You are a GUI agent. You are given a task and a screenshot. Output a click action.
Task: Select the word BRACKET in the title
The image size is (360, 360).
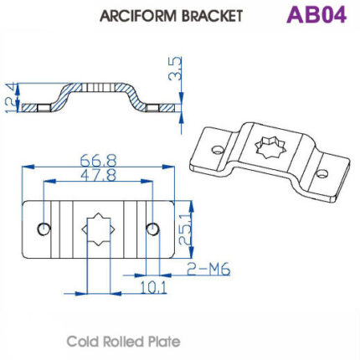tap(210, 15)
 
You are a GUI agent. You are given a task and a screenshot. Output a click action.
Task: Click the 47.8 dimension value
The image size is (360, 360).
tap(98, 177)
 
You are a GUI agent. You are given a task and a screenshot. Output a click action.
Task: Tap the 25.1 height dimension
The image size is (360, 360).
tap(188, 229)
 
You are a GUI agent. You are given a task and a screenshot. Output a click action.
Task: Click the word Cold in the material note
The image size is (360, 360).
tap(84, 342)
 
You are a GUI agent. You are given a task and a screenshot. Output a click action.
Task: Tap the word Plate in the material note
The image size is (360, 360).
tap(163, 342)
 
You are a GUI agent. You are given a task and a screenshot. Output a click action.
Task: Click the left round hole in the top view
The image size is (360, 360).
tap(44, 229)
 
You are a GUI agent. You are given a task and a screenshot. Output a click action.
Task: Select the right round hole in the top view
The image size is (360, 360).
tap(151, 229)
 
